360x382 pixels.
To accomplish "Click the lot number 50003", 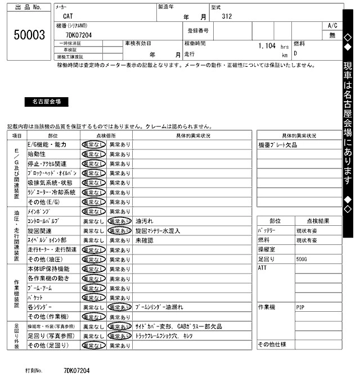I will pyautogui.click(x=29, y=35).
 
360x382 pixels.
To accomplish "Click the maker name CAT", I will pyautogui.click(x=67, y=16).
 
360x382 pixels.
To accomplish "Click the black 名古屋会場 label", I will pyautogui.click(x=47, y=102).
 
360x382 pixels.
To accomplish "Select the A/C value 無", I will pyautogui.click(x=332, y=35).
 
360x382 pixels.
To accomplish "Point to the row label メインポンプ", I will pyautogui.click(x=39, y=212).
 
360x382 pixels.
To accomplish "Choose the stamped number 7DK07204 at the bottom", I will pyautogui.click(x=76, y=371).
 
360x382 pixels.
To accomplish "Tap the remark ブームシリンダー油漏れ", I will pyautogui.click(x=164, y=308).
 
